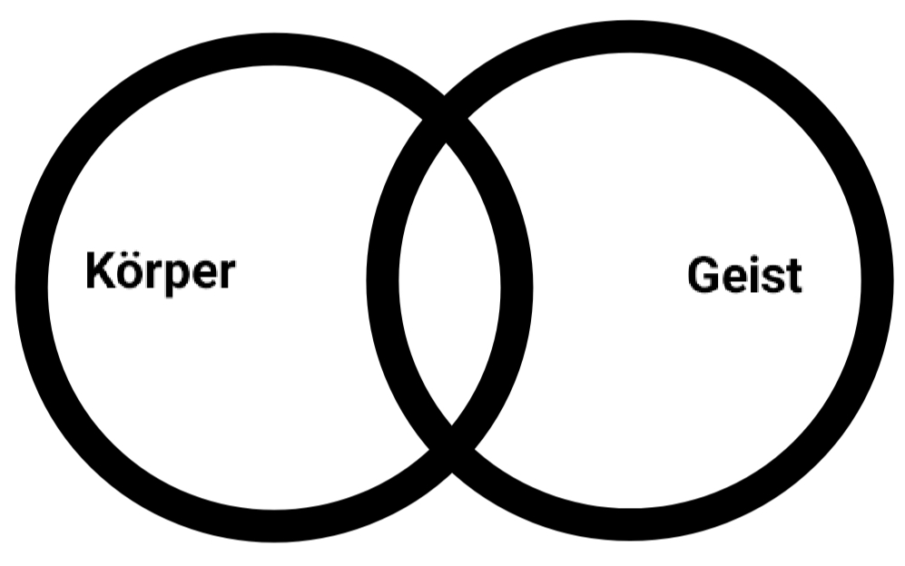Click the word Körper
(x=160, y=271)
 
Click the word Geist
(x=744, y=275)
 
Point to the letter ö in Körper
(x=133, y=272)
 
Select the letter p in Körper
(x=176, y=277)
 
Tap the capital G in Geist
(x=703, y=275)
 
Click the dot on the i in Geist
(x=753, y=260)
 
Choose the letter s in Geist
(x=772, y=278)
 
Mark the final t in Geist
(x=793, y=276)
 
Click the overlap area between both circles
(x=449, y=281)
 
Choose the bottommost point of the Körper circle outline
(x=272, y=526)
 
